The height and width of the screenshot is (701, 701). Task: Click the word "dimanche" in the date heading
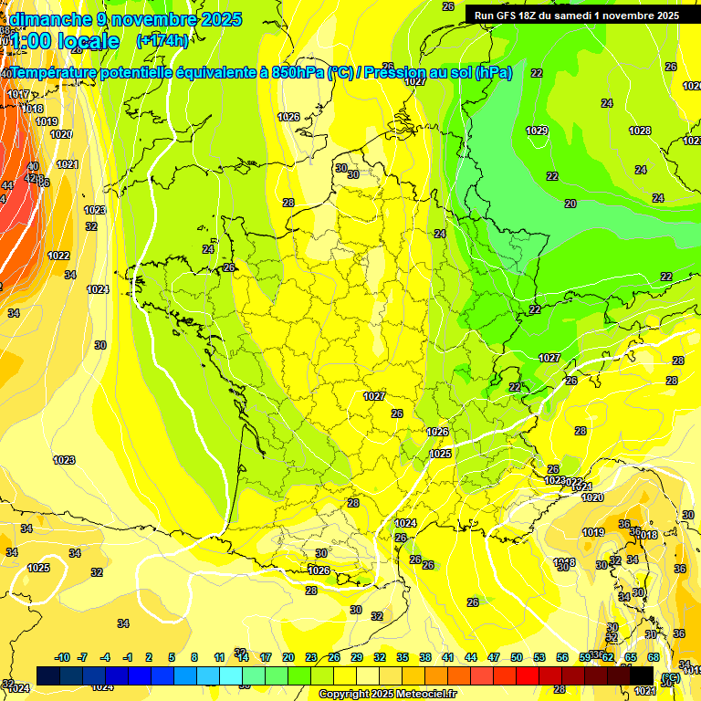(x=51, y=19)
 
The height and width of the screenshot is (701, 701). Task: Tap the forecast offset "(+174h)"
(x=162, y=40)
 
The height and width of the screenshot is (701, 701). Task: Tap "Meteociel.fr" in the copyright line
(x=424, y=695)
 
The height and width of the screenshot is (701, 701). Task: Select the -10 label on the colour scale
(x=62, y=657)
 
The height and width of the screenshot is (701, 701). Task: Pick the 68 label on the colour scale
(x=654, y=657)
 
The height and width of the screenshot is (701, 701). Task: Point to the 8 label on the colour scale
(x=194, y=657)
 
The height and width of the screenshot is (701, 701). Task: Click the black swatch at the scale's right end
(x=642, y=675)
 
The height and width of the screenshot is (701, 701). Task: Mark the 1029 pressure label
(x=537, y=131)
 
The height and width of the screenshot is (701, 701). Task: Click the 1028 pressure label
(x=640, y=131)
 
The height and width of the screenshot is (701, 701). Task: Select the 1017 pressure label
(x=18, y=94)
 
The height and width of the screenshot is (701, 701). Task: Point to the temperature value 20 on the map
(x=570, y=203)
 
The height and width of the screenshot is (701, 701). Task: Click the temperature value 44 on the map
(x=7, y=185)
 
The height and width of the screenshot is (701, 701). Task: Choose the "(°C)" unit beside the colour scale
(x=670, y=677)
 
